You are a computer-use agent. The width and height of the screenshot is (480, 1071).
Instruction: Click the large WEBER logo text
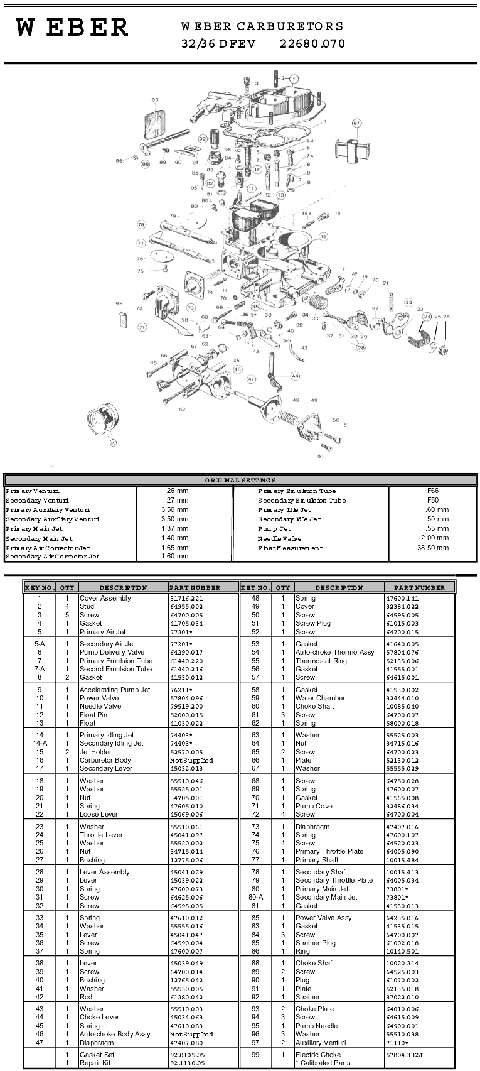click(x=72, y=28)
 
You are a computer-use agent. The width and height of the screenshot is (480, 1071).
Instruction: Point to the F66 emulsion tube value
click(x=432, y=491)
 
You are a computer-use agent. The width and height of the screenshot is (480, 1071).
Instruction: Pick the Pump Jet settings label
click(x=275, y=529)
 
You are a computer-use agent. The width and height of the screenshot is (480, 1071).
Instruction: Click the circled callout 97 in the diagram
click(x=357, y=123)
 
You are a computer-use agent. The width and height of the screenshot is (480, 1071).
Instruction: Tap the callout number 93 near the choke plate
click(x=155, y=100)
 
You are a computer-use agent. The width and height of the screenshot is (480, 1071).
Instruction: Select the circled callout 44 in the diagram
click(x=295, y=376)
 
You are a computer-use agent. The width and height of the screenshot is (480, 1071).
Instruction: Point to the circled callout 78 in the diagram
click(x=141, y=224)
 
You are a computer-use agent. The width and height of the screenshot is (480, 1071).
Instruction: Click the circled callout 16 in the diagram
click(x=323, y=237)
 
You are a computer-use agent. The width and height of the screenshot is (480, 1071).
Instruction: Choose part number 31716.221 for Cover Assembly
click(x=186, y=599)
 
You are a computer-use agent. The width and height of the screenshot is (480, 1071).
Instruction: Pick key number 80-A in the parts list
click(x=255, y=897)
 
